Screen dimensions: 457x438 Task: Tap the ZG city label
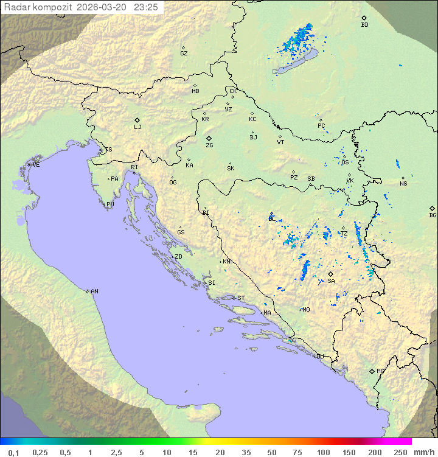[209, 145]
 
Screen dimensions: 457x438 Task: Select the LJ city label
[137, 127]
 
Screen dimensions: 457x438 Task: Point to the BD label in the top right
[364, 25]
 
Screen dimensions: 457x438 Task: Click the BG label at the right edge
[433, 215]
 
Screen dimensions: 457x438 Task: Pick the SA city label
[331, 281]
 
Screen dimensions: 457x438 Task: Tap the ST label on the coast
[241, 298]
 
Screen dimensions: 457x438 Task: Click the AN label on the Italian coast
[94, 291]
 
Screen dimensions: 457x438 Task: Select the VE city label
[36, 165]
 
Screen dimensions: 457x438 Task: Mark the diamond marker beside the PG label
[372, 371]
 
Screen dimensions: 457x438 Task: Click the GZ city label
[184, 54]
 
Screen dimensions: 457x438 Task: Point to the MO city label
[306, 309]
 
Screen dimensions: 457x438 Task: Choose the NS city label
[403, 184]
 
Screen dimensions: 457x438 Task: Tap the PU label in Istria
[110, 204]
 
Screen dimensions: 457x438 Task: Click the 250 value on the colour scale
[400, 452]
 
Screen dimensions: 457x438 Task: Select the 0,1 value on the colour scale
[13, 452]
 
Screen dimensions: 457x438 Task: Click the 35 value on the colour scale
[246, 452]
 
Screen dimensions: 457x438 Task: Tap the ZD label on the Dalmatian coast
[178, 257]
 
